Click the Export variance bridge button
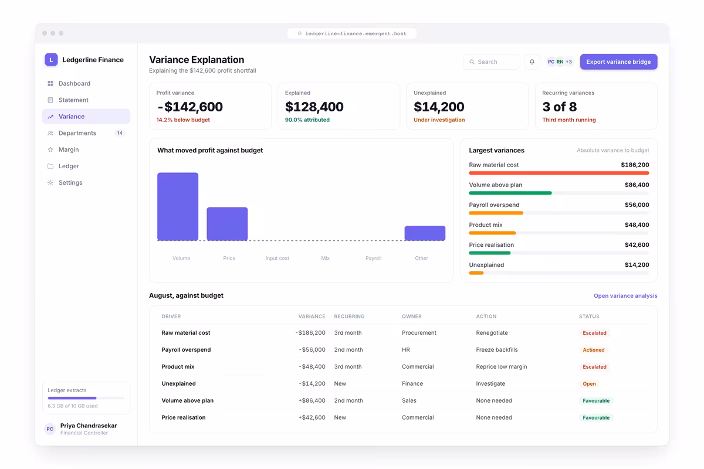pos(618,62)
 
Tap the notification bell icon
pos(532,62)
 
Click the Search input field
pos(491,62)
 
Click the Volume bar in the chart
pos(178,206)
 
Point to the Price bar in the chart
pos(227,224)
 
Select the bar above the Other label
pos(425,233)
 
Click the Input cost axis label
pos(277,258)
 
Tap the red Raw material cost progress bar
pos(559,173)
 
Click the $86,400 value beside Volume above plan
pos(637,185)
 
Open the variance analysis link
pos(625,295)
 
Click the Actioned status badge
pos(594,349)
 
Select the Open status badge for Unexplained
pos(589,383)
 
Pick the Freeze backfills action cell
pos(497,349)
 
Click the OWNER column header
pos(412,317)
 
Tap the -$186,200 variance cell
pos(310,332)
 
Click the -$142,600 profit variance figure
pos(190,107)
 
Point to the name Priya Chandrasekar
pos(89,426)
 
